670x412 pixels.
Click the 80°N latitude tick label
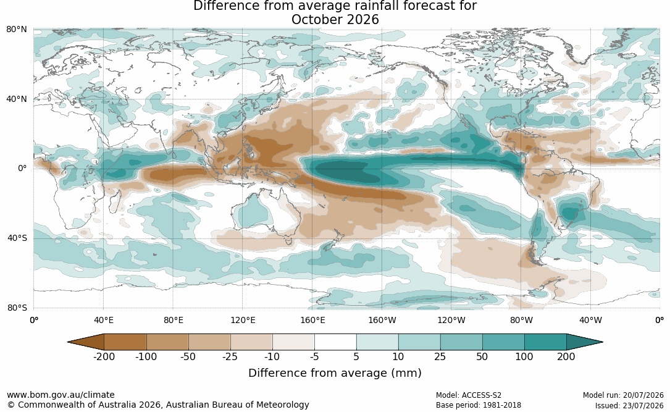16,30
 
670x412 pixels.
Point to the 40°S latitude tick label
17,238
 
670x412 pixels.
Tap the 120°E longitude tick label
243,320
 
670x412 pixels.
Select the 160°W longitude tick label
382,320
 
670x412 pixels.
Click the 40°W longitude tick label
590,320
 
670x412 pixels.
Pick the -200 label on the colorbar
104,356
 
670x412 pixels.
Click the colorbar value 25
440,356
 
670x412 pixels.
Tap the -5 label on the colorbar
314,356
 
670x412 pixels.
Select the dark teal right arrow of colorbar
584,342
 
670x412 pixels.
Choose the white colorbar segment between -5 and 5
335,342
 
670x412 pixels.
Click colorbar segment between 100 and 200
545,342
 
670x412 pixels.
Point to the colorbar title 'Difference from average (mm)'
335,373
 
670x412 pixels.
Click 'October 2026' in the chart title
335,20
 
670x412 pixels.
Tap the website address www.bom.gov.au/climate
61,395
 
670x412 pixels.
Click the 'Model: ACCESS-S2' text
469,395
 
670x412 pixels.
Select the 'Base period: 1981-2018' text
479,405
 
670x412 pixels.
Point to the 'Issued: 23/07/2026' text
629,405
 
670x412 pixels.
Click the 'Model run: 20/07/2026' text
624,395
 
